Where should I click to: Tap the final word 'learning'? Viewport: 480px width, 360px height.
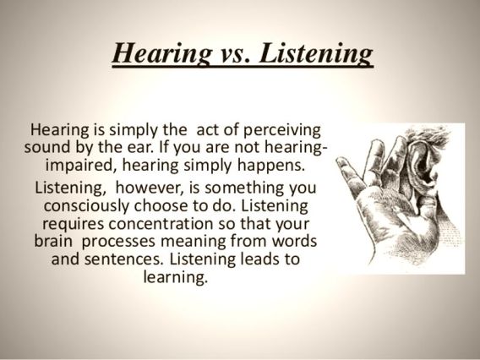[x=177, y=276]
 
